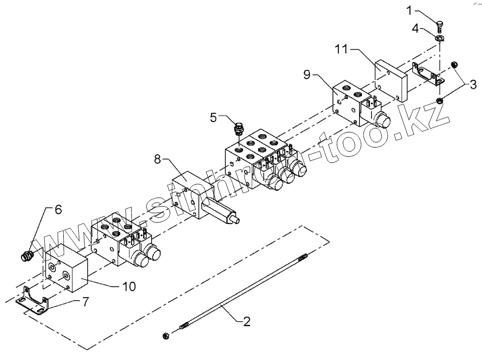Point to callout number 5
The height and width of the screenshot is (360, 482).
tap(213, 117)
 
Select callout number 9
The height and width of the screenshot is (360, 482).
tap(308, 75)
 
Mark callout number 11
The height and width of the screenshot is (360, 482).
tap(341, 49)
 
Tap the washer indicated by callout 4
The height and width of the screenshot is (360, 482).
tap(440, 38)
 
